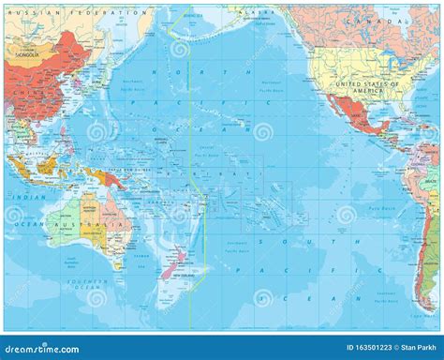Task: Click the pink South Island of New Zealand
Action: (x=170, y=268)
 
